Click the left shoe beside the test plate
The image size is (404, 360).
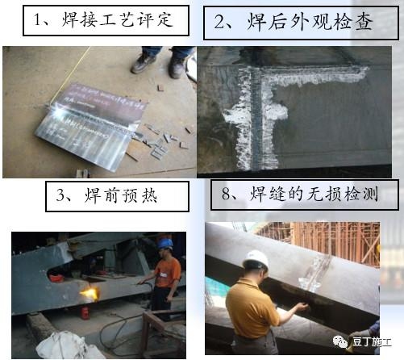[x=144, y=62]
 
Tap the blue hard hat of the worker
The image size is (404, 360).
[x=165, y=243]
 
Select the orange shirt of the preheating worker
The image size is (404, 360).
[x=167, y=270]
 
